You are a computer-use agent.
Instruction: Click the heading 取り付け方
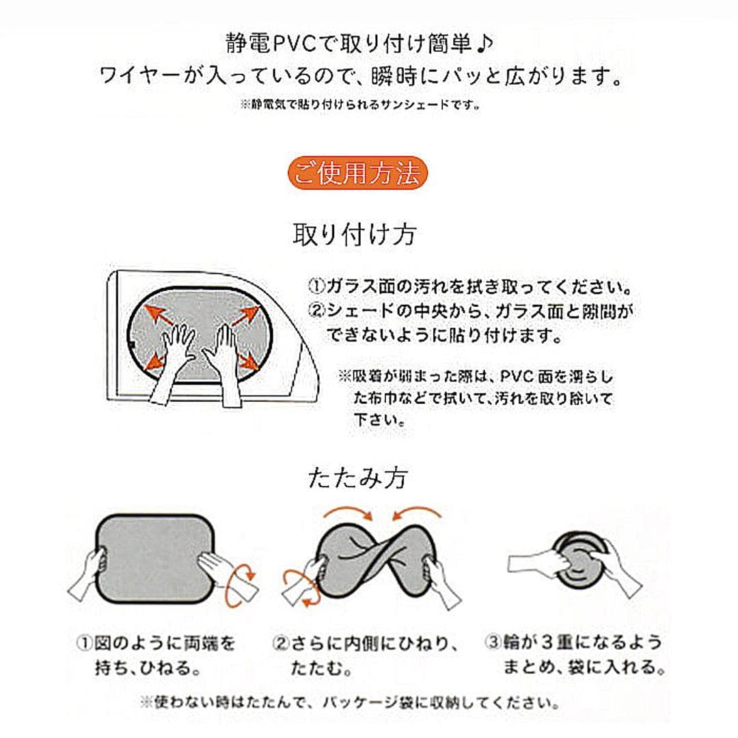click(354, 235)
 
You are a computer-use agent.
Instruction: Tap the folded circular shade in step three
click(581, 560)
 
